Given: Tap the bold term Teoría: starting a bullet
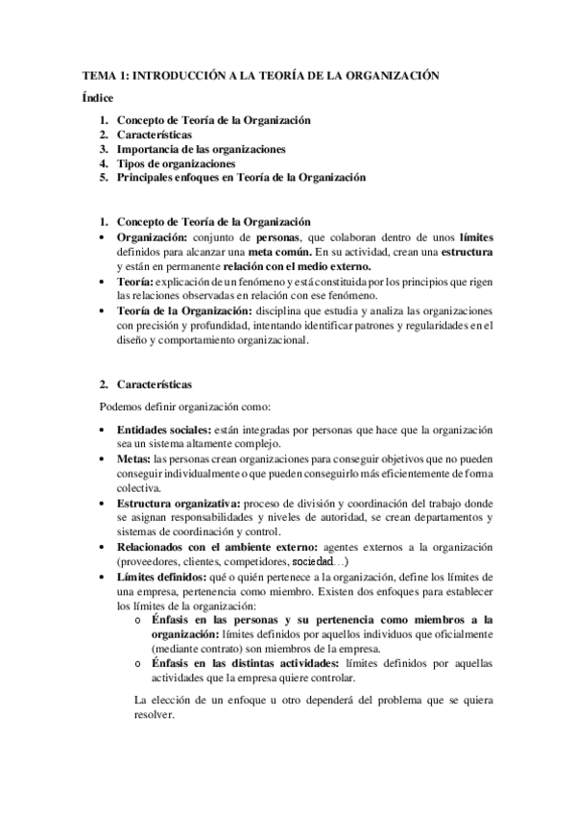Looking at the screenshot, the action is tap(134, 282).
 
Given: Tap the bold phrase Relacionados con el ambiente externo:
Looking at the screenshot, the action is tap(210, 546).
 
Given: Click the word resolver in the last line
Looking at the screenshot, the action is tap(156, 715).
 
